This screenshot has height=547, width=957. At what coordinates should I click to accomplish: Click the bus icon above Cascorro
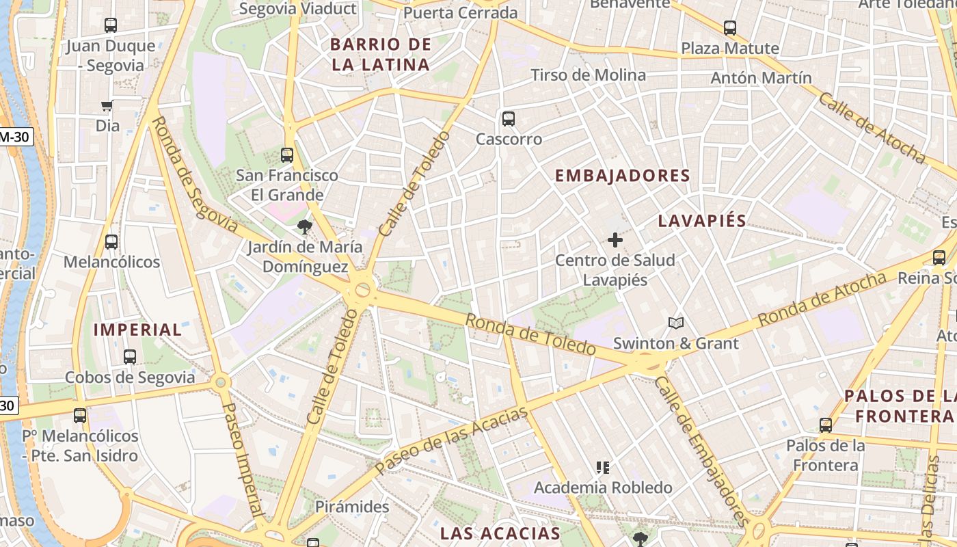pyautogui.click(x=508, y=119)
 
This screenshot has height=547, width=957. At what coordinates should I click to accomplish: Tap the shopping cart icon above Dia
pyautogui.click(x=107, y=106)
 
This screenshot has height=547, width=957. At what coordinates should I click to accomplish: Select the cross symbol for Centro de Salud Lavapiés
pyautogui.click(x=615, y=240)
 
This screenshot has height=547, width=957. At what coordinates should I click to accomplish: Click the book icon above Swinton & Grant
pyautogui.click(x=675, y=323)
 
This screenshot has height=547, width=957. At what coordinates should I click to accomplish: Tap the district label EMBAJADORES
pyautogui.click(x=622, y=176)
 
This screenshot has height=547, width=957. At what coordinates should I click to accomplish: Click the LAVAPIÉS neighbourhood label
pyautogui.click(x=702, y=221)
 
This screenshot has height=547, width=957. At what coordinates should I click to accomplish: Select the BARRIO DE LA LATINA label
pyautogui.click(x=381, y=55)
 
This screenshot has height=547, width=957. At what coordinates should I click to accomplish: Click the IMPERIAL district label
pyautogui.click(x=137, y=330)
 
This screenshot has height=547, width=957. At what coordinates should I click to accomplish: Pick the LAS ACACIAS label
pyautogui.click(x=500, y=533)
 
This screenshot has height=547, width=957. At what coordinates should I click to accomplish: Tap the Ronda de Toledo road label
pyautogui.click(x=530, y=334)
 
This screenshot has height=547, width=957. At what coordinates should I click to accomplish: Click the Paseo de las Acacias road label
pyautogui.click(x=452, y=440)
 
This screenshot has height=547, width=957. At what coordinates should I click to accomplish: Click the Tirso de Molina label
pyautogui.click(x=588, y=75)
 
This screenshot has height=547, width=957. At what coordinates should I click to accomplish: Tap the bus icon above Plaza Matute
pyautogui.click(x=729, y=29)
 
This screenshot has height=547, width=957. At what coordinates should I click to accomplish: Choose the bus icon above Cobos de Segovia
pyautogui.click(x=129, y=357)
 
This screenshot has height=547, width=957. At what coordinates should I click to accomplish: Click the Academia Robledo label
pyautogui.click(x=603, y=488)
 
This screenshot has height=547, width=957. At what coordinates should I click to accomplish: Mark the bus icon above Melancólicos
pyautogui.click(x=111, y=242)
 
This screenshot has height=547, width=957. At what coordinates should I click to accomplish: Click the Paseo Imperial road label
pyautogui.click(x=243, y=459)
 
